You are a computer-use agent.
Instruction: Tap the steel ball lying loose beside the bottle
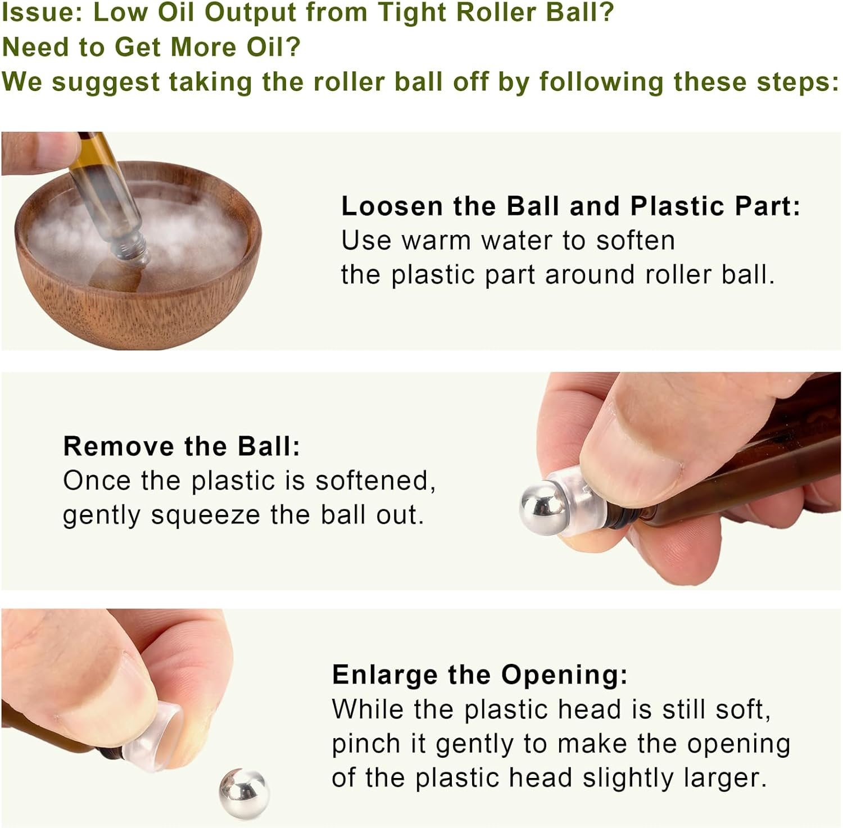pyautogui.click(x=244, y=794)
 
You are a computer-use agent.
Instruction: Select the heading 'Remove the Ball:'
pyautogui.click(x=182, y=446)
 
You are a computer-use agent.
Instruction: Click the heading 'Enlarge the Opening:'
pyautogui.click(x=479, y=675)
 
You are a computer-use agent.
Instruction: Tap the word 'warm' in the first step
pyautogui.click(x=436, y=241)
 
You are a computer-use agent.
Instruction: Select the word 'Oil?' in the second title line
pyautogui.click(x=273, y=47)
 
